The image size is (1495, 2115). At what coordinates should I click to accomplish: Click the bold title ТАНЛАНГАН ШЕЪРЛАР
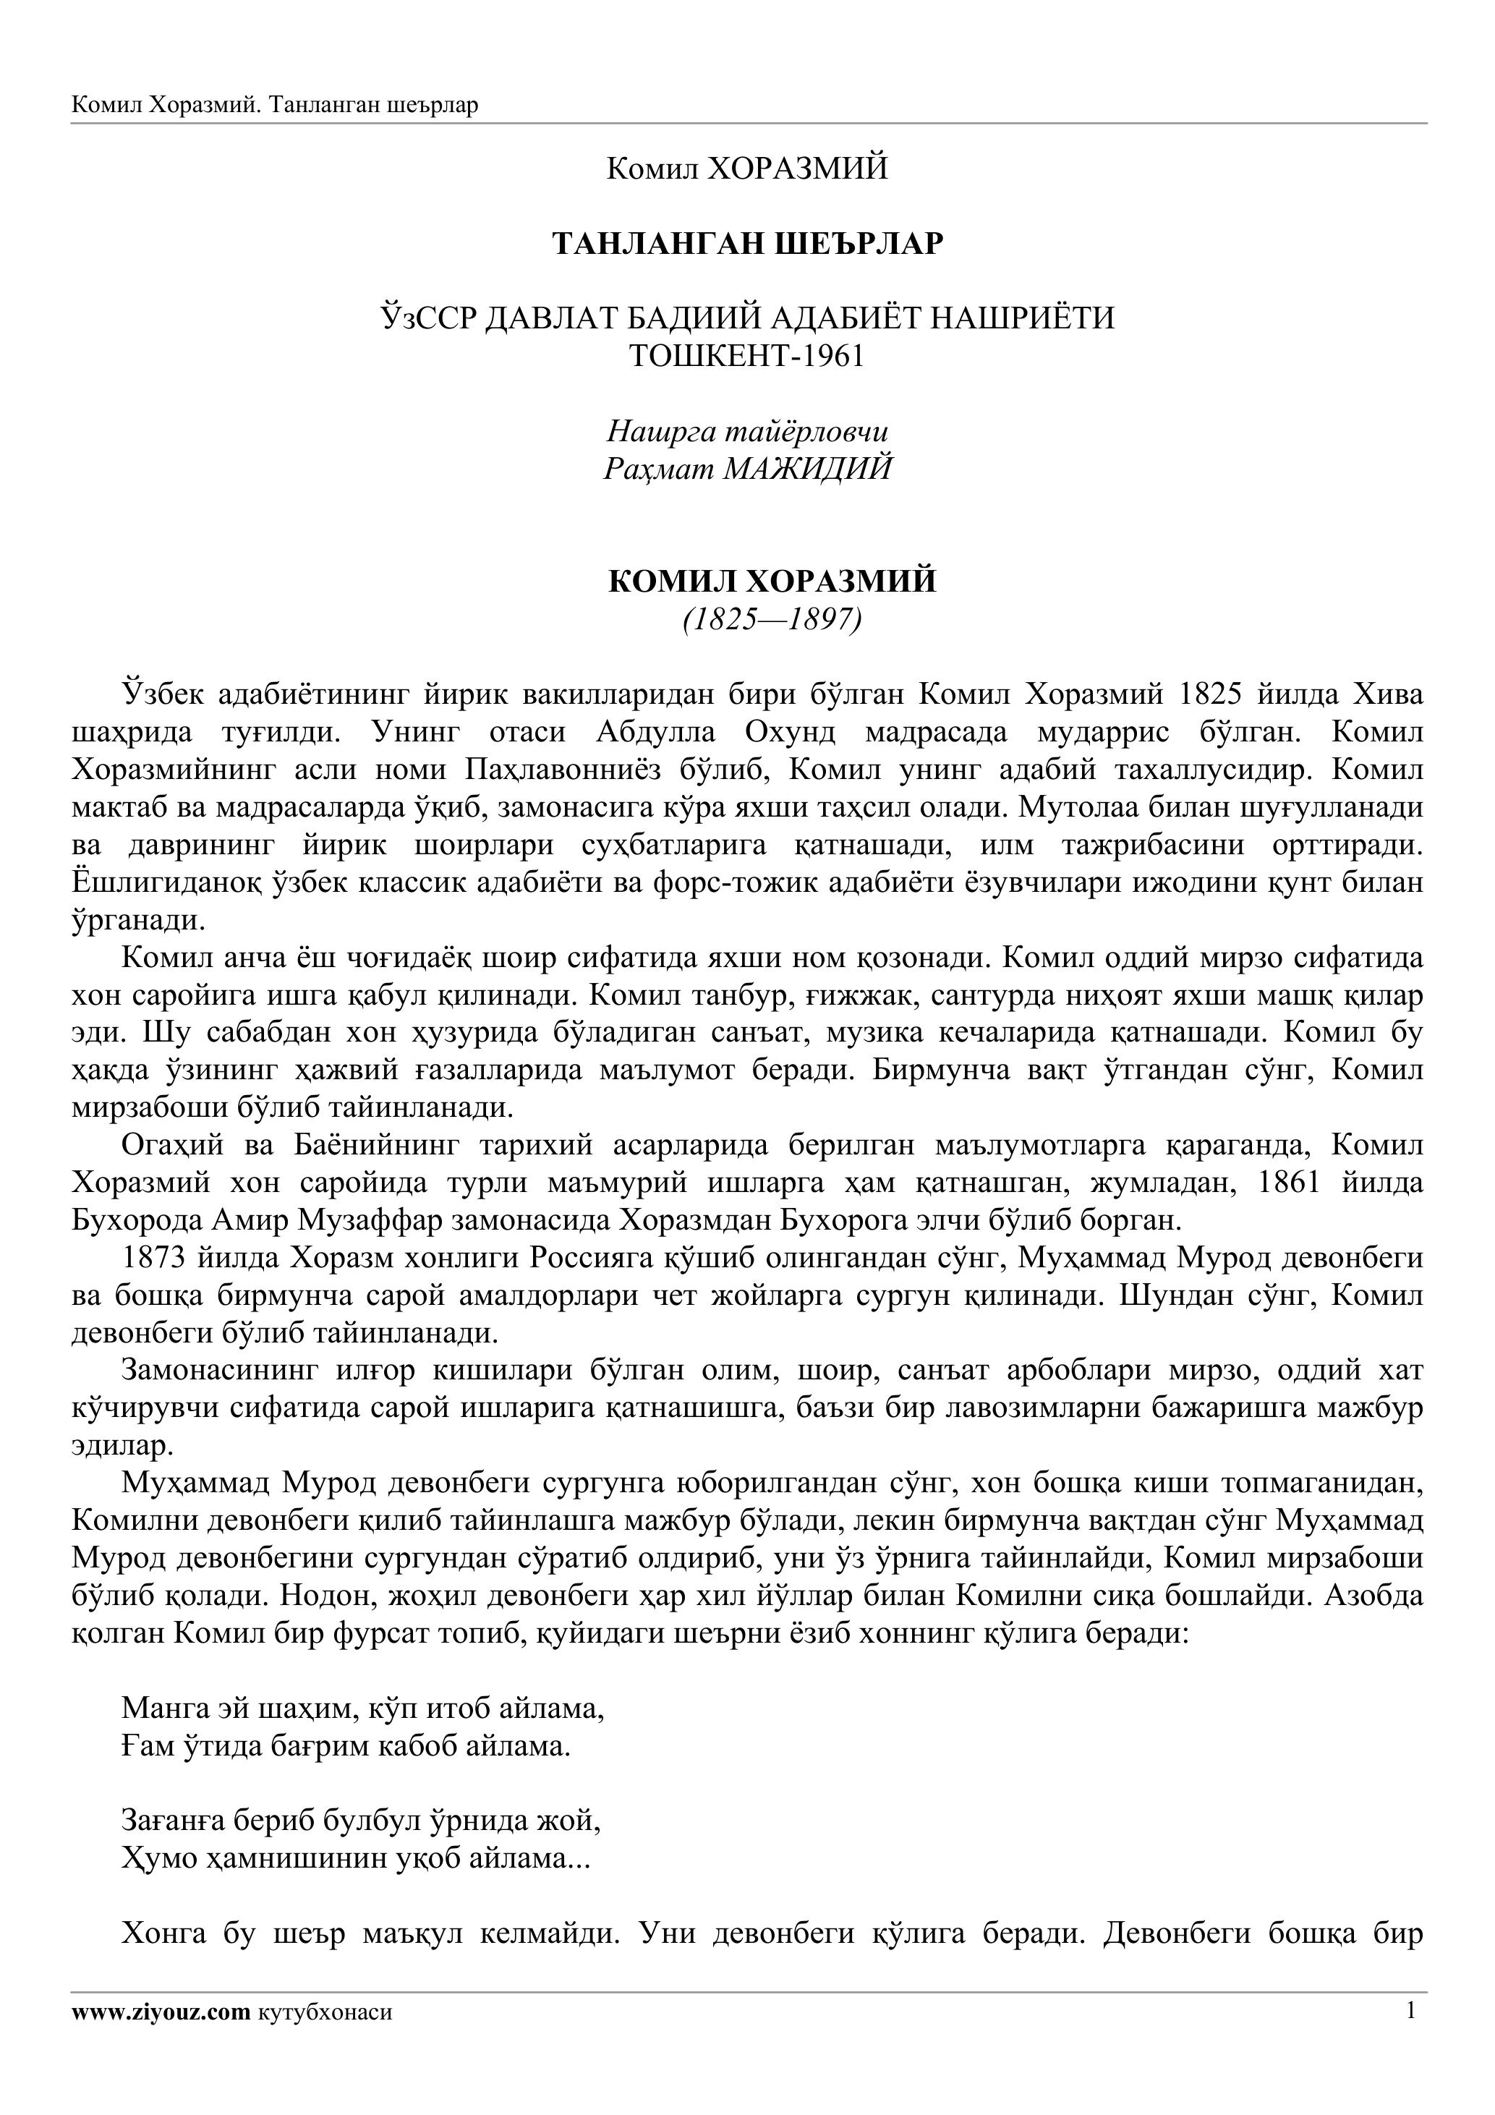pos(747,243)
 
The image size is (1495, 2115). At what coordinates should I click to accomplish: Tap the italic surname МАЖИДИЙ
pos(808,469)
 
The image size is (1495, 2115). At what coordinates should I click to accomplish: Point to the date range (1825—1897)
pos(772,620)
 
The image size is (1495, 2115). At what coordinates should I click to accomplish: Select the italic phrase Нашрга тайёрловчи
pos(747,431)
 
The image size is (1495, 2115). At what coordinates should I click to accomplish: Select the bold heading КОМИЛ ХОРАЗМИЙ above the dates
pos(772,582)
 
